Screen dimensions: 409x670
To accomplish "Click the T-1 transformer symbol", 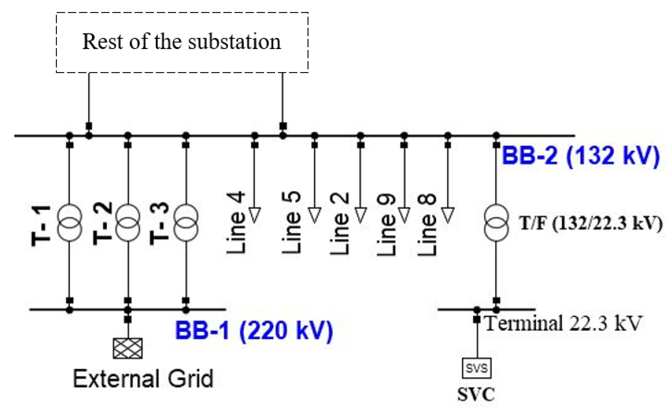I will pos(69,223).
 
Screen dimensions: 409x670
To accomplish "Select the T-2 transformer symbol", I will pos(128,223).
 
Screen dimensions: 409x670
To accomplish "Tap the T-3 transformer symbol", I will pos(186,223).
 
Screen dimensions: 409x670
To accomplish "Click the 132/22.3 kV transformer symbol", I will pos(496,223).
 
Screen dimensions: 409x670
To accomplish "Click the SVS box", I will pos(477,368).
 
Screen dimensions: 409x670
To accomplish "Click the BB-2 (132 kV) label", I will pos(581,156).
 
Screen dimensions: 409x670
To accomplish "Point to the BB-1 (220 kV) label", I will pos(254,330).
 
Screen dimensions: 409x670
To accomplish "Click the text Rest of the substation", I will pos(182,42).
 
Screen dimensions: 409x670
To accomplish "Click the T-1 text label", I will pos(41,226).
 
